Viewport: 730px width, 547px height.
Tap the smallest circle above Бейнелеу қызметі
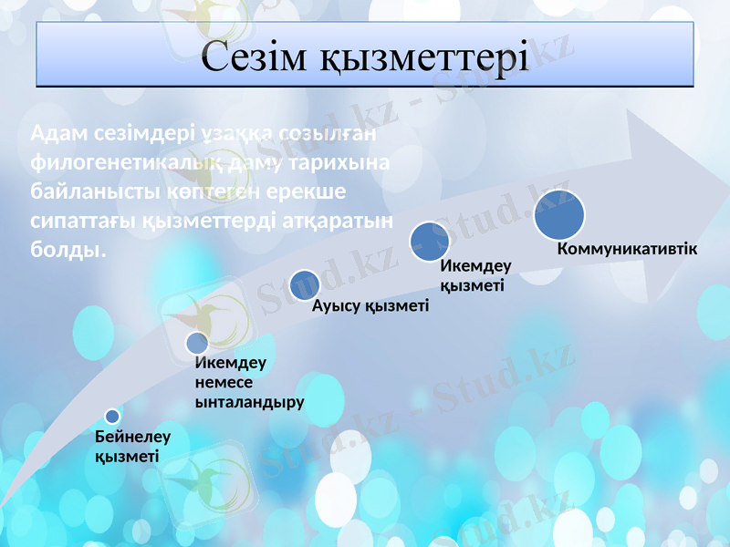click(x=112, y=417)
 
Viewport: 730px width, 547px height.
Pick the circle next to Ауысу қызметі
click(x=305, y=285)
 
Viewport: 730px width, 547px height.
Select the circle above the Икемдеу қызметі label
click(x=430, y=242)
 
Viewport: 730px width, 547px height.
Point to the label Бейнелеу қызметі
click(x=132, y=447)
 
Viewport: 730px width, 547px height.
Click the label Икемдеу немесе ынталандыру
click(x=249, y=381)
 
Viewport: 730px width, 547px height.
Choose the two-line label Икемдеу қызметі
click(x=475, y=275)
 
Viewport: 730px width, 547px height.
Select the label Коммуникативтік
click(x=627, y=249)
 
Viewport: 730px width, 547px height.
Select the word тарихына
click(x=338, y=163)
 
